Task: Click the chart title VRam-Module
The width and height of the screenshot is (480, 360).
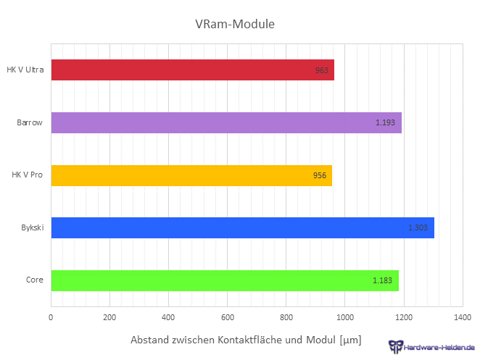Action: click(x=235, y=25)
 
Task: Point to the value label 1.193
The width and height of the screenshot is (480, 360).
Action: click(x=385, y=123)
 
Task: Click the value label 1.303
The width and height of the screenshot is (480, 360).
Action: click(x=418, y=228)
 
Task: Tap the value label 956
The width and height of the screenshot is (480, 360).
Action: click(x=320, y=176)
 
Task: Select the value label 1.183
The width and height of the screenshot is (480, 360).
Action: click(x=382, y=280)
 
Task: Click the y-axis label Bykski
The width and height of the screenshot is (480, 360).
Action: click(x=33, y=228)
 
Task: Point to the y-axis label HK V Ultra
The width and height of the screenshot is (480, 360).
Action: click(x=25, y=70)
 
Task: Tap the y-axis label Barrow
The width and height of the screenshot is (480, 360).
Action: click(x=30, y=123)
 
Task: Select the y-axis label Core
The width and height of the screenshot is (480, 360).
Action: click(x=35, y=280)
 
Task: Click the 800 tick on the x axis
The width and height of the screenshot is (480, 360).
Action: click(x=286, y=317)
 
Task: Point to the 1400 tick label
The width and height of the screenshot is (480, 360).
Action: click(x=462, y=317)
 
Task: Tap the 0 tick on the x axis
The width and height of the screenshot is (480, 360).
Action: click(x=51, y=317)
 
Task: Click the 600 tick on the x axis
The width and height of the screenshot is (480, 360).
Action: click(x=227, y=317)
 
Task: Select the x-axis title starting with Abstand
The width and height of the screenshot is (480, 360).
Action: click(x=245, y=340)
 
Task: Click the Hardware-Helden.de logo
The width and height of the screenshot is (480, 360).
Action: click(x=431, y=347)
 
